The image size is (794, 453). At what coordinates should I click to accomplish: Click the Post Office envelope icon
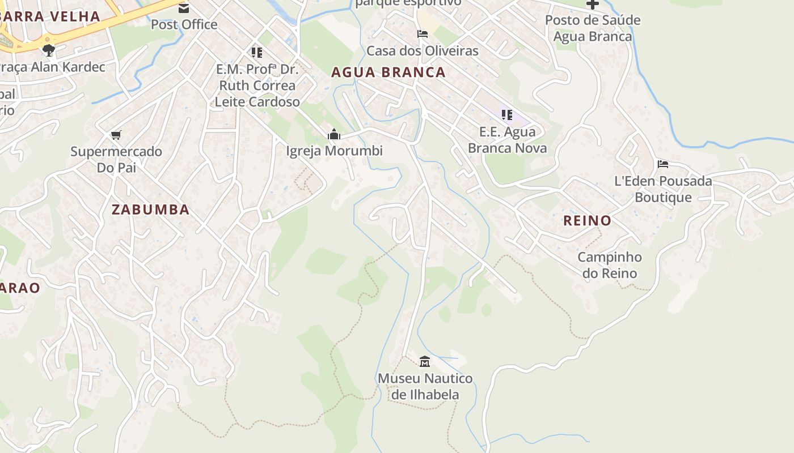pyautogui.click(x=184, y=8)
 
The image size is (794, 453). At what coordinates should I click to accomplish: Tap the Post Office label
pyautogui.click(x=184, y=24)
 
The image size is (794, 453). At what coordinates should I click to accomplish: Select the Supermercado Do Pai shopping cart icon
pyautogui.click(x=116, y=135)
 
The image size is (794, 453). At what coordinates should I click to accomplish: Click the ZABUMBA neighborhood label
pyautogui.click(x=150, y=210)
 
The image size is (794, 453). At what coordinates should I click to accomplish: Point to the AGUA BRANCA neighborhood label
pyautogui.click(x=388, y=72)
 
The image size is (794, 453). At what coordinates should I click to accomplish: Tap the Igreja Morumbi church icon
pyautogui.click(x=334, y=135)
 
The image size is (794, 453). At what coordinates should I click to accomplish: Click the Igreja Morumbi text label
pyautogui.click(x=334, y=151)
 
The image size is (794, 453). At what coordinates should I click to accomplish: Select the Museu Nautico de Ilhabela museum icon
pyautogui.click(x=424, y=361)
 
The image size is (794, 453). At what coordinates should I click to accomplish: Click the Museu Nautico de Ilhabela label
pyautogui.click(x=425, y=386)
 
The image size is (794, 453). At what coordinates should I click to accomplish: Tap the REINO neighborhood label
pyautogui.click(x=587, y=221)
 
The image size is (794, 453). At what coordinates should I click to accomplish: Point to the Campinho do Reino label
pyautogui.click(x=610, y=265)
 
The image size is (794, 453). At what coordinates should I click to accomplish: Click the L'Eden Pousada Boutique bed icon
pyautogui.click(x=662, y=165)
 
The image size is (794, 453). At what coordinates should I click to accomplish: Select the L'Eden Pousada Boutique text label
pyautogui.click(x=663, y=189)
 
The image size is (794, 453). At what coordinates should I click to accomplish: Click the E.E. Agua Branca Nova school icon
pyautogui.click(x=507, y=115)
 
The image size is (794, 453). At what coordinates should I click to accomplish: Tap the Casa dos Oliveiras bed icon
pyautogui.click(x=422, y=34)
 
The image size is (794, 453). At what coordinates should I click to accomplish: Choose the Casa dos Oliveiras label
pyautogui.click(x=423, y=51)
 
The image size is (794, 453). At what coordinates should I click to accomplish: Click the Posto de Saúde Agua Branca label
pyautogui.click(x=593, y=28)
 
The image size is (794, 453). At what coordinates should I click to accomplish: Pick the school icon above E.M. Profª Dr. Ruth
pyautogui.click(x=257, y=53)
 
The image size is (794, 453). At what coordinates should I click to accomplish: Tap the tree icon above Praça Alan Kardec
pyautogui.click(x=49, y=50)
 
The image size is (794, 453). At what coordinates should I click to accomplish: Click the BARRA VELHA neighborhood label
pyautogui.click(x=51, y=16)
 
